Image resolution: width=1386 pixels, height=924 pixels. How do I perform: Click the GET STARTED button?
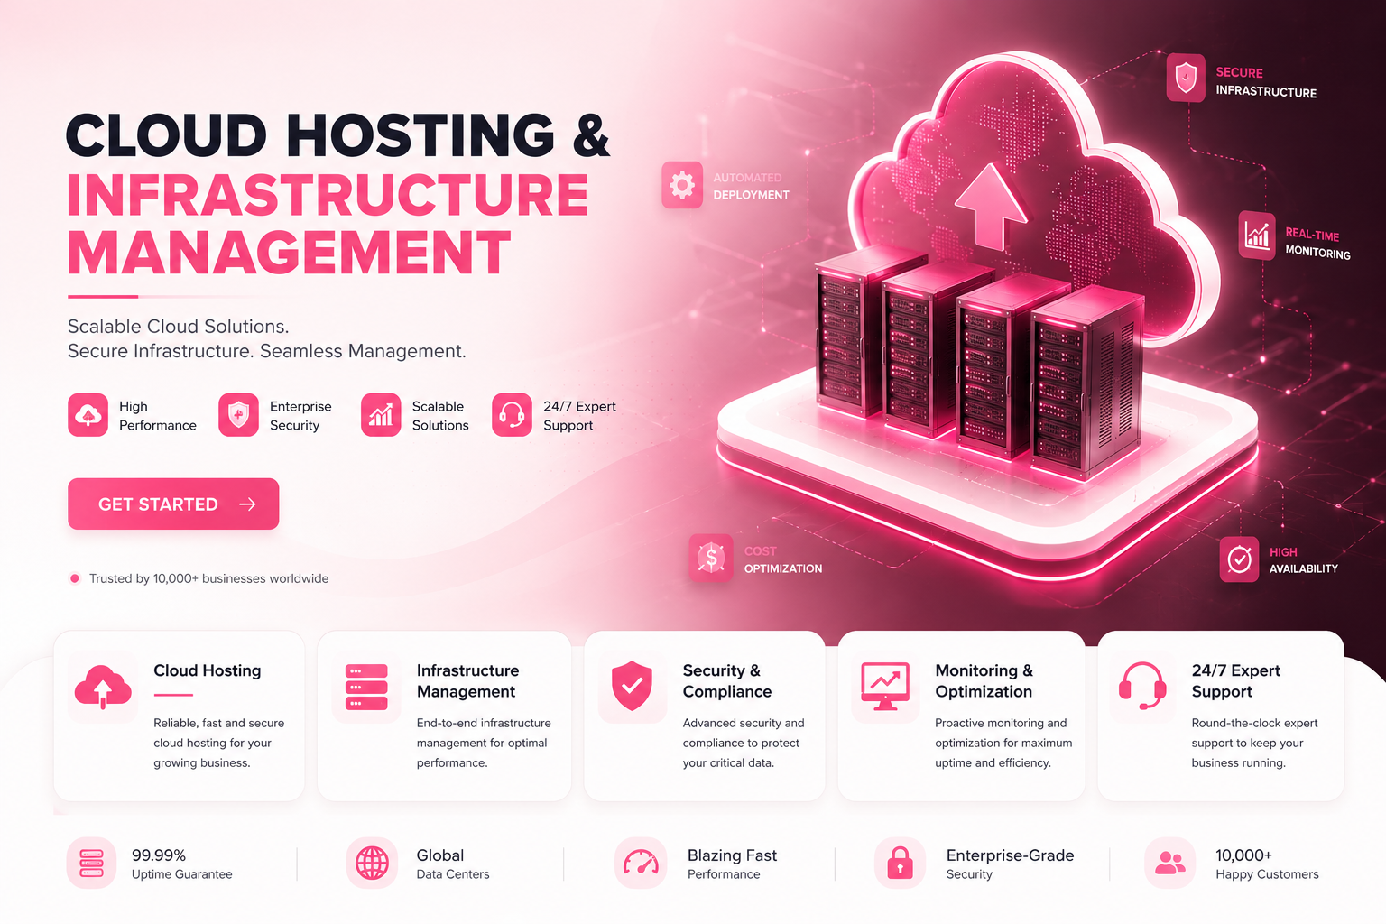[173, 504]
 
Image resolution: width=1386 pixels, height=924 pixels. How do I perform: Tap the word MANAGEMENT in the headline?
[289, 253]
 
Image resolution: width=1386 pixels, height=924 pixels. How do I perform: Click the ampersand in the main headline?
[591, 134]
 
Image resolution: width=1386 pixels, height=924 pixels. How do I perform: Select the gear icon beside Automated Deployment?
[682, 185]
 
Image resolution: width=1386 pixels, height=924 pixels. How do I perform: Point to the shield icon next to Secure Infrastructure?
[1186, 78]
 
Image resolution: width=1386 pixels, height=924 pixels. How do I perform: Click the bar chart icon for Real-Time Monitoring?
[1257, 236]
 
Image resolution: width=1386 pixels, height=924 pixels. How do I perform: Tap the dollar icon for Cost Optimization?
[711, 558]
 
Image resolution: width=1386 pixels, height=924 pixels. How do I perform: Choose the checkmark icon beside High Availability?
[1239, 559]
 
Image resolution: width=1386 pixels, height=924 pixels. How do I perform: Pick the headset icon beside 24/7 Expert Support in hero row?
[512, 415]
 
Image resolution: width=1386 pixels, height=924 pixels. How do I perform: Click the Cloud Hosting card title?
[208, 670]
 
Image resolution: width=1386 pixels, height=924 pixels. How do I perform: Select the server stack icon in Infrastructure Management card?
[366, 687]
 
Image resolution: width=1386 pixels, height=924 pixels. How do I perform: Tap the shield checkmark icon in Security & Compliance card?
[632, 686]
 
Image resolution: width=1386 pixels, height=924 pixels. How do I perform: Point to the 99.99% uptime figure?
[159, 855]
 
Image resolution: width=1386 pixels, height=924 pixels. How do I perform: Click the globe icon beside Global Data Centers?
[372, 864]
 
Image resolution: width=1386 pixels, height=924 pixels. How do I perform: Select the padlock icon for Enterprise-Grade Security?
[900, 863]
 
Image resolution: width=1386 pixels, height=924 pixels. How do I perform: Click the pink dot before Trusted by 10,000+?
[75, 578]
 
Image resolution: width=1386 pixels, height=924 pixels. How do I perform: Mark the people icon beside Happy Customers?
[1169, 863]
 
